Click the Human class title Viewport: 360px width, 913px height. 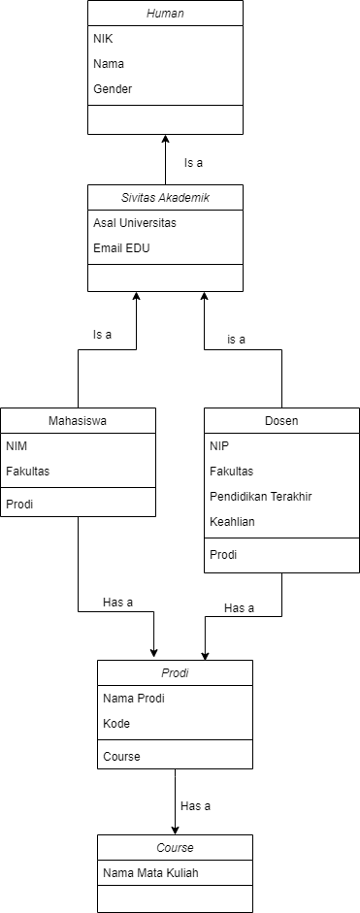165,14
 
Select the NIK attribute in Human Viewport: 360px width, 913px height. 104,39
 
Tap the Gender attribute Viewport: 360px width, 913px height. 113,89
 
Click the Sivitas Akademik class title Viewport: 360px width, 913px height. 165,198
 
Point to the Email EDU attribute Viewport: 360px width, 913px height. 121,248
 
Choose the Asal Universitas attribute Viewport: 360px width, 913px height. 135,223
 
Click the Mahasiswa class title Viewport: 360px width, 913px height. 78,421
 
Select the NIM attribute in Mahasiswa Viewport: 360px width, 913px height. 17,446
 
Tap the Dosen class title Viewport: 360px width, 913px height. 281,421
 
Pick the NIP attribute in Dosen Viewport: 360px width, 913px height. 219,446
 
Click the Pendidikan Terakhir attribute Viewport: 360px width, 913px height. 260,497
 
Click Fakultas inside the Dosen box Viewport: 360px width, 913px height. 231,472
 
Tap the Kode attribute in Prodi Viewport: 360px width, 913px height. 116,724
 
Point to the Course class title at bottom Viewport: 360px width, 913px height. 175,848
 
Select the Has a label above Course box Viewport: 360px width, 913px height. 195,805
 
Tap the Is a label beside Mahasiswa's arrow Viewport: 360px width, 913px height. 102,335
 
